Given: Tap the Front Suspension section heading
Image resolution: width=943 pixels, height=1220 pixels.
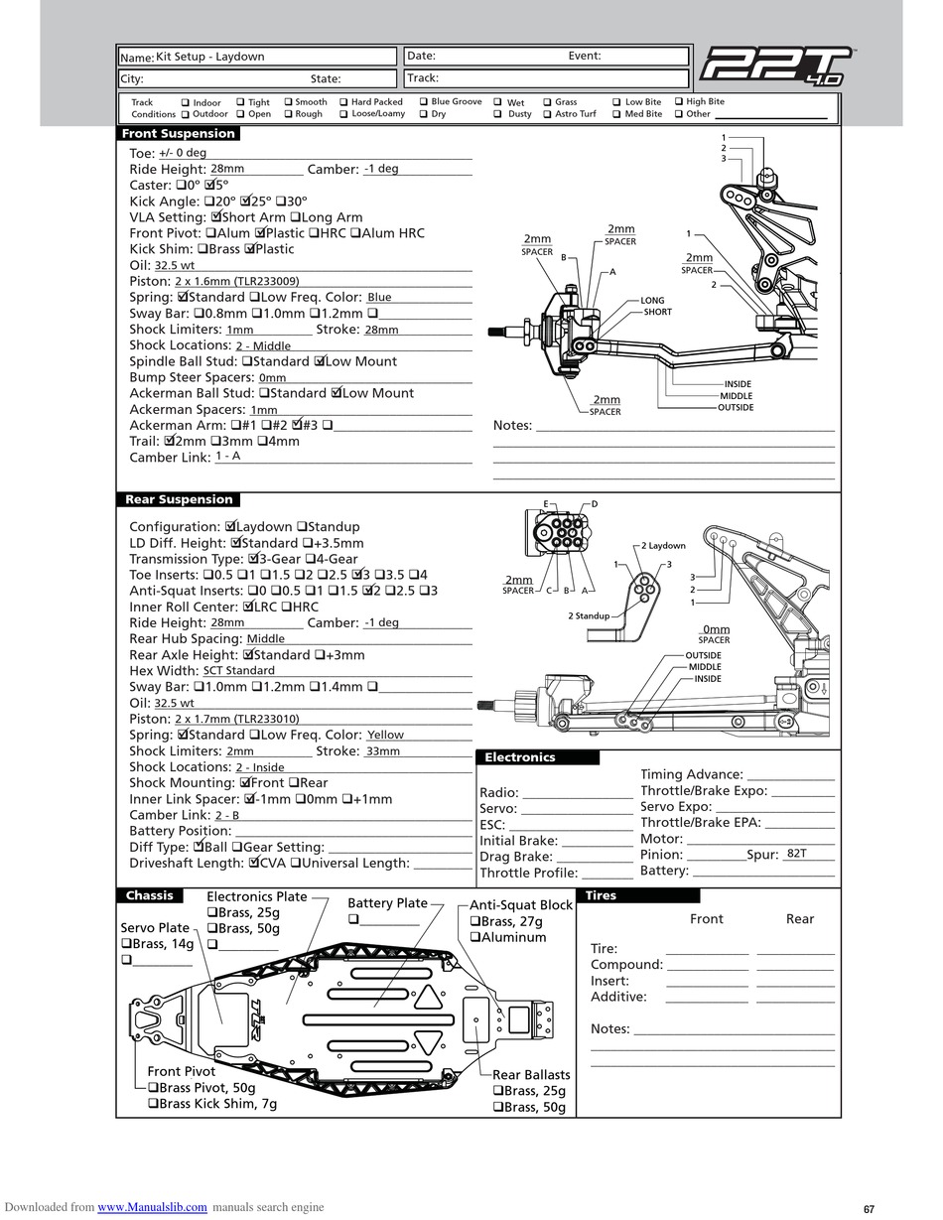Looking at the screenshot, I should point(178,133).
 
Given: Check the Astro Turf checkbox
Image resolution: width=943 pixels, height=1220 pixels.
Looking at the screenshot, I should point(547,114).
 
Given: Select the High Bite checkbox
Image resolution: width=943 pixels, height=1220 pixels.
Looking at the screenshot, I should point(679,101).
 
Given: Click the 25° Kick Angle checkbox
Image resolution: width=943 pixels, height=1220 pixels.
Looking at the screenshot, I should point(248,201).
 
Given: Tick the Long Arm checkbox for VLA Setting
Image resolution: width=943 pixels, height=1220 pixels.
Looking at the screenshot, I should point(295,216).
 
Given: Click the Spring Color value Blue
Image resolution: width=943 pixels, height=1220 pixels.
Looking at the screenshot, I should point(379,297).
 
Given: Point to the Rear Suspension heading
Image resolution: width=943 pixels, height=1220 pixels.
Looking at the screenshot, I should point(179,499).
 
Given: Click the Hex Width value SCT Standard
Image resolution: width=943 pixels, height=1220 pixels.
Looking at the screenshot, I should point(238,670).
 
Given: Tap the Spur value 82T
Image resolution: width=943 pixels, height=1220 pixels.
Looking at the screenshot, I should point(796,854).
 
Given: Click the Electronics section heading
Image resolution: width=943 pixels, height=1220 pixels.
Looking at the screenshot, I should point(519,757).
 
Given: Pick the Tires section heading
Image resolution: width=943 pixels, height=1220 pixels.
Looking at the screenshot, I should point(601,895).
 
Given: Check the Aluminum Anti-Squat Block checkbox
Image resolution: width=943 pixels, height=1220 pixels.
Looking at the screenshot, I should point(475,937).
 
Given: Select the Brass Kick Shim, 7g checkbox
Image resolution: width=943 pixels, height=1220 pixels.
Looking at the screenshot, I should point(154,1104).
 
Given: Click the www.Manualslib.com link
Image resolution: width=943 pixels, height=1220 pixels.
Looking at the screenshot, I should point(152,1207).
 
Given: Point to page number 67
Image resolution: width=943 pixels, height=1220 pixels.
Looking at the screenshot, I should point(869,1209).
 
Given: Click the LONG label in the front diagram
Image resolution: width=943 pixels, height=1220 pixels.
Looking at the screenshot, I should point(652,300).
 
